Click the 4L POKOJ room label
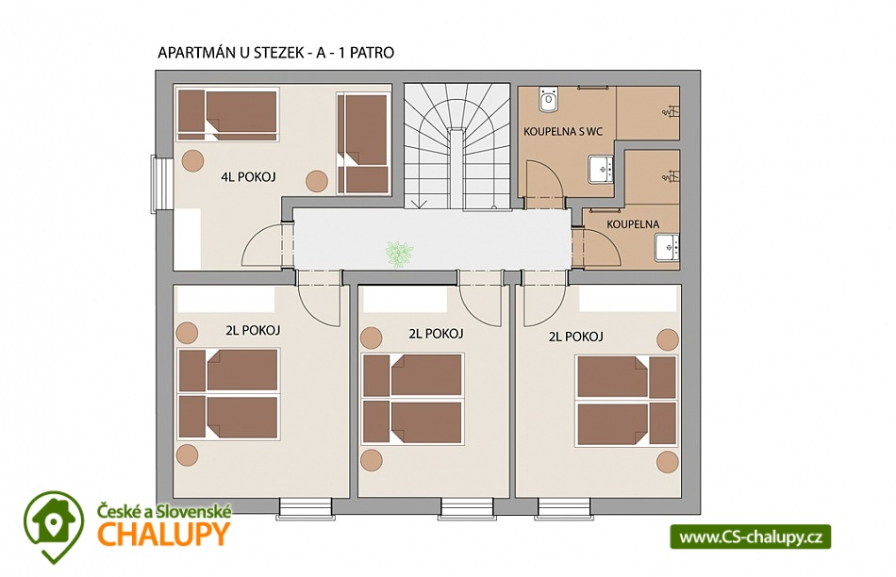coord(249,177)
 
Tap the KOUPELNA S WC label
coord(563,131)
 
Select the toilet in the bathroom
coord(549,99)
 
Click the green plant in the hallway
coord(399,254)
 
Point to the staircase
coord(457,146)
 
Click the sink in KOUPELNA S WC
coord(601,169)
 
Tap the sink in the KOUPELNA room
coord(668,247)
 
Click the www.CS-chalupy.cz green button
coord(751,537)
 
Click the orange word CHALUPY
coord(163,535)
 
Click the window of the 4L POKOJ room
coord(161,184)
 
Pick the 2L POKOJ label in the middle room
coord(436,334)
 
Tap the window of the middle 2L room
coord(467,508)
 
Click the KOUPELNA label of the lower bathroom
coord(633,224)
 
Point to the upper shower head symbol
coord(671,111)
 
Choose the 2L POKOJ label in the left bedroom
coord(253,330)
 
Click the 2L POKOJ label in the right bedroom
coord(576,338)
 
